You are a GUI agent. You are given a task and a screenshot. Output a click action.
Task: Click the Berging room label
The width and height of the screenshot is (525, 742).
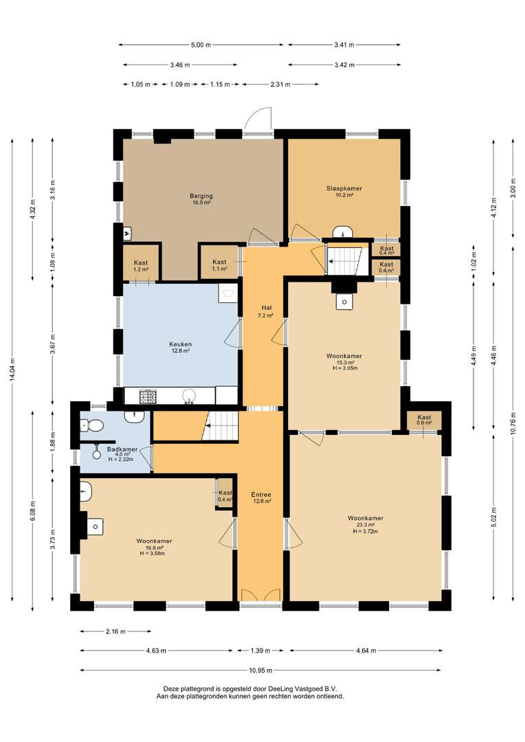201,196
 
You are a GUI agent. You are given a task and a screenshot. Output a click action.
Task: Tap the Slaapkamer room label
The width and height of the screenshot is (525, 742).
344,188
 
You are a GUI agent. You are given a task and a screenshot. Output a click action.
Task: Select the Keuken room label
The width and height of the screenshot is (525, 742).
180,344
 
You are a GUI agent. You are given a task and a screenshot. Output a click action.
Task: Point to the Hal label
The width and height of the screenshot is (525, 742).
266,308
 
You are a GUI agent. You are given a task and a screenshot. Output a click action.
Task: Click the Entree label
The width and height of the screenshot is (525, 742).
261,495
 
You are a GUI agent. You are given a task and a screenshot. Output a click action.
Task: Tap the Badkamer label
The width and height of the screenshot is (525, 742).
122,449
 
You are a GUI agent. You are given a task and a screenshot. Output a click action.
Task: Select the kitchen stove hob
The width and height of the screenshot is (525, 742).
148,396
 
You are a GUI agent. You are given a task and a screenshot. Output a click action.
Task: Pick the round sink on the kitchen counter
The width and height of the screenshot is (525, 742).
190,396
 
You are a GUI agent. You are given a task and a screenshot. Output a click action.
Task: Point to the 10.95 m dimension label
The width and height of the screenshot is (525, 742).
261,670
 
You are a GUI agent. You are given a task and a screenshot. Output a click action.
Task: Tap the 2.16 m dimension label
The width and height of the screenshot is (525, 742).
115,631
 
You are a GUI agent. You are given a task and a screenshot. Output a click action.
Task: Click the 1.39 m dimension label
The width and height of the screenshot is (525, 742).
260,651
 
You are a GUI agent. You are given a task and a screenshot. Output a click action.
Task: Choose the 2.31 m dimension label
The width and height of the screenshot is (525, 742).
280,85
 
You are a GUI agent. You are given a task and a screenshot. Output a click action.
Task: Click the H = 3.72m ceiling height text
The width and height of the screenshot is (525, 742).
365,531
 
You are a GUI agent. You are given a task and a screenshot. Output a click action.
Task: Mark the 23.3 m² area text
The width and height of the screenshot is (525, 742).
366,525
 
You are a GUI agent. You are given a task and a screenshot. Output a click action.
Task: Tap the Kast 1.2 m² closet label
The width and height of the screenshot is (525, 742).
141,265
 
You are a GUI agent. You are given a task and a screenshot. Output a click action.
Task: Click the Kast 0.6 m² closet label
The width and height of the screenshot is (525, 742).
424,420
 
